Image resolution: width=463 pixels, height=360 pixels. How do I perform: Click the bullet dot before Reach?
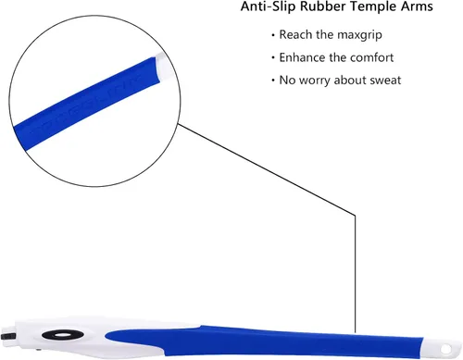(x=273, y=35)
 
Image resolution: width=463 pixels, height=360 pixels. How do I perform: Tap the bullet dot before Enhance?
(x=273, y=58)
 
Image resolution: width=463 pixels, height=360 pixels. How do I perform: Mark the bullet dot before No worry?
(x=273, y=81)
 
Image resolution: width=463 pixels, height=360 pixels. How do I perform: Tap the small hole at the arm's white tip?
(x=445, y=349)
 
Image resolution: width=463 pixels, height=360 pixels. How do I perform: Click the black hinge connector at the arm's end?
(x=8, y=336)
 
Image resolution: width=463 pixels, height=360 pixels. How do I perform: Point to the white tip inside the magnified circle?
(x=162, y=67)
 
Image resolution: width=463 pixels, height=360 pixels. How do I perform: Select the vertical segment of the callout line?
(x=355, y=274)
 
